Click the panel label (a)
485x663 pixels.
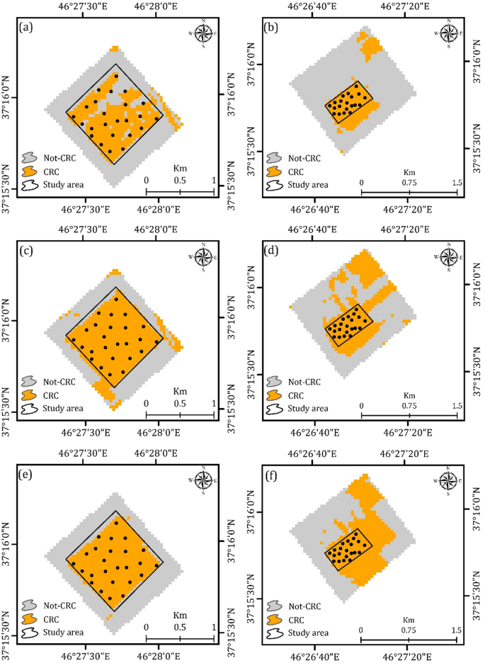click(25, 28)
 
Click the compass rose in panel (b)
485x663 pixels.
click(447, 33)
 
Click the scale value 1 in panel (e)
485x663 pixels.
click(213, 627)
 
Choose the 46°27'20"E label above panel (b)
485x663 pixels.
click(408, 7)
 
